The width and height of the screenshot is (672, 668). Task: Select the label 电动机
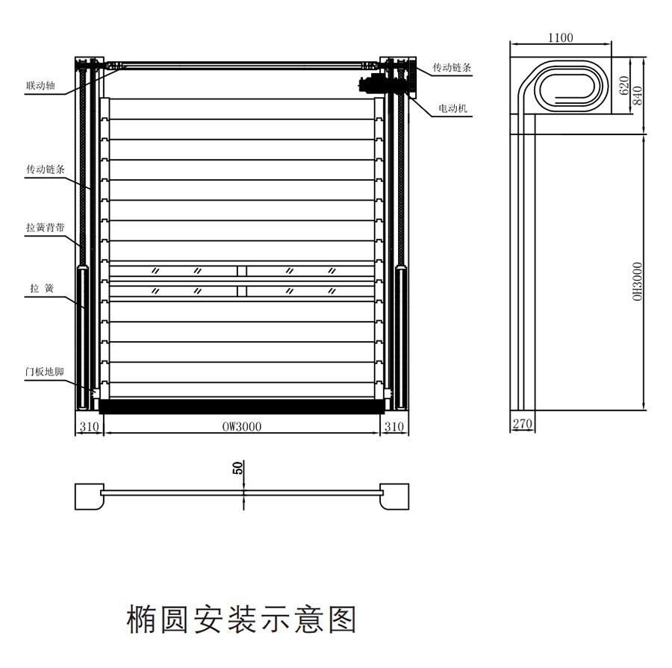coord(452,109)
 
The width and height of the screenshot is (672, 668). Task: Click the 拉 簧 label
coord(41,288)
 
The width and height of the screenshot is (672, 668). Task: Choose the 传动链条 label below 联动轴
coord(46,170)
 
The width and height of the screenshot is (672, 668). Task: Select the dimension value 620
coord(624,85)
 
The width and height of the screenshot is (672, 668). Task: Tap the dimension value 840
coord(637,94)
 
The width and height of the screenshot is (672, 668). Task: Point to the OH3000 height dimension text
coord(637,281)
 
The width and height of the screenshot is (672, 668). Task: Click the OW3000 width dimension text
coord(241,427)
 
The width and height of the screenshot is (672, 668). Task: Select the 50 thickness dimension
coord(238,469)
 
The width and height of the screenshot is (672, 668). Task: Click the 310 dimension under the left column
coord(89,427)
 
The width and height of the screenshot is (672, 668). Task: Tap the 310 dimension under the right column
coord(393,427)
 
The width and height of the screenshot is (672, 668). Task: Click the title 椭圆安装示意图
coord(241,619)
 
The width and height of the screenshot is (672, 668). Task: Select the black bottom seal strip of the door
coord(241,407)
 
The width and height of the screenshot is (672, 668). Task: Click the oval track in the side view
coord(570,87)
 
